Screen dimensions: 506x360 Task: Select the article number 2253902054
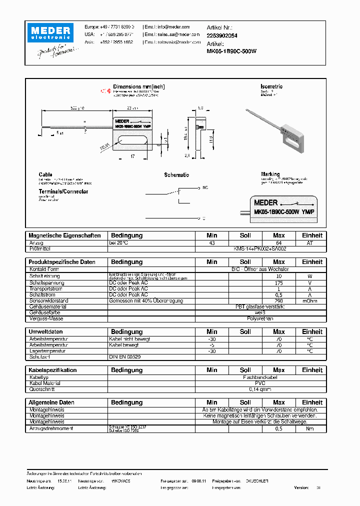222,35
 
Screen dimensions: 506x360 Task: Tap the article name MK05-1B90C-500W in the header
231,51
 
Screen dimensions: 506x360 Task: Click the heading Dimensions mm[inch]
139,86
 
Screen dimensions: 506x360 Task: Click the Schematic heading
176,175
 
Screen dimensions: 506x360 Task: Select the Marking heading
270,174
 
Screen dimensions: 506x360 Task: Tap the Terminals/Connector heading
63,191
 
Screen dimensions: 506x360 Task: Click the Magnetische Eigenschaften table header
64,235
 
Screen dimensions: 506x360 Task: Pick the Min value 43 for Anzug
212,243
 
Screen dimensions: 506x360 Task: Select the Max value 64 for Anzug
279,243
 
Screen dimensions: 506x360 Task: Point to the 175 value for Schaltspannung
279,282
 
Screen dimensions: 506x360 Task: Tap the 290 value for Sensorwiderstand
279,301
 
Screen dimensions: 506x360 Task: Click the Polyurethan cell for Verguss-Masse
260,318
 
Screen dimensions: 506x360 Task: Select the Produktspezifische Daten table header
62,262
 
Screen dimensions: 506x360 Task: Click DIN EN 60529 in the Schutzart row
125,357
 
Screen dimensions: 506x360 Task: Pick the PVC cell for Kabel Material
260,383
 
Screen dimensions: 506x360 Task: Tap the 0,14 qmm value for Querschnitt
260,389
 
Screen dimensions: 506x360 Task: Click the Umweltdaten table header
45,332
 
